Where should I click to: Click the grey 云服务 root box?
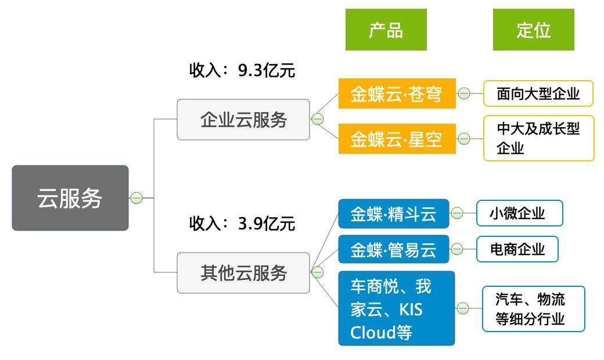pyautogui.click(x=70, y=198)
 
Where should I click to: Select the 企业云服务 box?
pyautogui.click(x=243, y=120)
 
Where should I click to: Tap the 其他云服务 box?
pyautogui.click(x=243, y=272)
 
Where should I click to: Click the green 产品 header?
pyautogui.click(x=386, y=30)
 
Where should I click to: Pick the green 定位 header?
pyautogui.click(x=534, y=30)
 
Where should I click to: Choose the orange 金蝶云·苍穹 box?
pyautogui.click(x=397, y=93)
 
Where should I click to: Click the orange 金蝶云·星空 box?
pyautogui.click(x=397, y=139)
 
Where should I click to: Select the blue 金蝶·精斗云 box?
pyautogui.click(x=394, y=214)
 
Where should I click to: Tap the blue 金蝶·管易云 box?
pyautogui.click(x=394, y=249)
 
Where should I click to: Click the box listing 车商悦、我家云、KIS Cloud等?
pyautogui.click(x=396, y=308)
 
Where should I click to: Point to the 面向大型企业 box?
pyautogui.click(x=538, y=93)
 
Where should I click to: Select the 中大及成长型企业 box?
pyautogui.click(x=539, y=138)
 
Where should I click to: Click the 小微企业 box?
pyautogui.click(x=520, y=213)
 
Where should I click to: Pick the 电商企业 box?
pyautogui.click(x=517, y=249)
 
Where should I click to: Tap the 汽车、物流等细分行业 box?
pyautogui.click(x=534, y=309)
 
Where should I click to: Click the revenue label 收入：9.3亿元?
pyautogui.click(x=242, y=70)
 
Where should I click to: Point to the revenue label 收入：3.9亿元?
pyautogui.click(x=242, y=224)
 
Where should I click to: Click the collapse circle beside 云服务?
pyautogui.click(x=136, y=198)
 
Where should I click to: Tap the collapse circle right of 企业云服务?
pyautogui.click(x=318, y=120)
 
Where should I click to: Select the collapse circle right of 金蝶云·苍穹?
pyautogui.click(x=464, y=93)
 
